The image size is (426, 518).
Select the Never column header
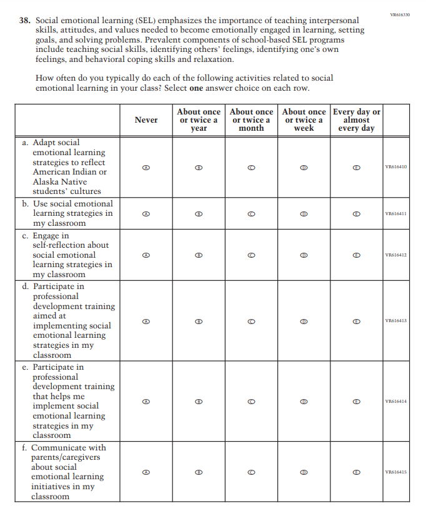coord(146,119)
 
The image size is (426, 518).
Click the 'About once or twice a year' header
coord(199,119)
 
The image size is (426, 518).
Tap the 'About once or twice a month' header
coord(251,119)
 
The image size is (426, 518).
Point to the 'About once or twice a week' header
coord(304,119)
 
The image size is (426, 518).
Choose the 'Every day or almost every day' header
coord(356,119)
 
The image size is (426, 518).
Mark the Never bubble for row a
coord(146,167)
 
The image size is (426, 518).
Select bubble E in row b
coord(356,213)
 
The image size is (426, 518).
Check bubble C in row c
coord(251,255)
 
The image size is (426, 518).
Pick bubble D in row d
coord(304,321)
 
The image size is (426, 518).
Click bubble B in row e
coord(199,401)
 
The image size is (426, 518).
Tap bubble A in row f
coord(146,472)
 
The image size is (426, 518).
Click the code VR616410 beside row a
coord(396,167)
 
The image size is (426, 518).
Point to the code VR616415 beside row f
coord(396,472)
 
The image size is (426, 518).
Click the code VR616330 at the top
coord(400,14)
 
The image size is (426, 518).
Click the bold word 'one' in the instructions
coord(197,88)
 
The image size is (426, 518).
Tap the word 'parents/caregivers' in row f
coord(66,457)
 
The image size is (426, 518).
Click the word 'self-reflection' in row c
coord(71,245)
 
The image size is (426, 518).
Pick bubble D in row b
coord(304,213)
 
